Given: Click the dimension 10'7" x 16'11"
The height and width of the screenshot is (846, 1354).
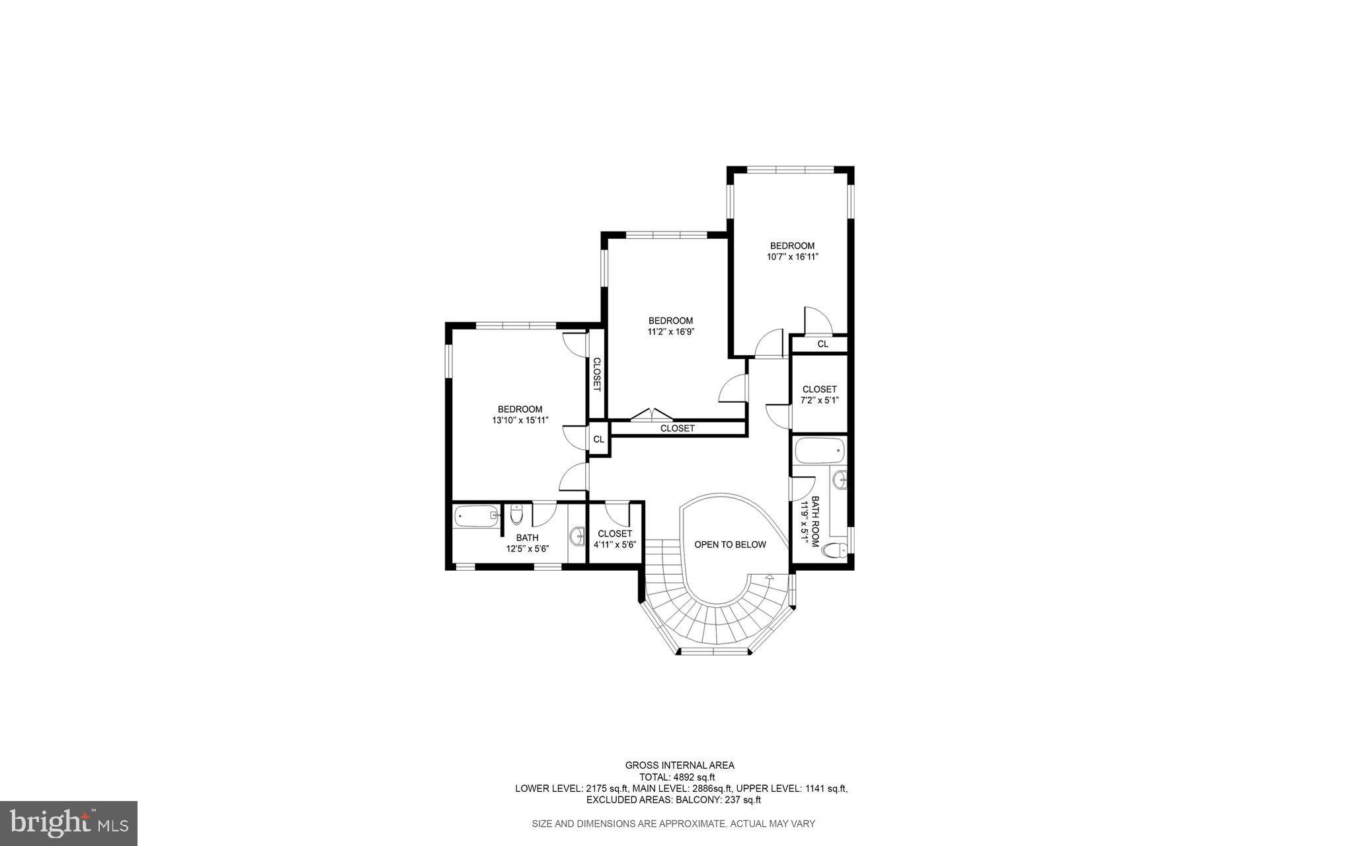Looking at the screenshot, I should click(x=792, y=257).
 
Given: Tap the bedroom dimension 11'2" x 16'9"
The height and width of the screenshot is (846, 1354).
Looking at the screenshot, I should click(x=670, y=332).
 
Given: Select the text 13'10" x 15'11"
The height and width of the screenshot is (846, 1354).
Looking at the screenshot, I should click(x=520, y=420).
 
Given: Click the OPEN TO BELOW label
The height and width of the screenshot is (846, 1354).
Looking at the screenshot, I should click(x=730, y=544).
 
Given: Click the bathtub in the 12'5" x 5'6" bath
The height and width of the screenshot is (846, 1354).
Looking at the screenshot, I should click(x=476, y=515).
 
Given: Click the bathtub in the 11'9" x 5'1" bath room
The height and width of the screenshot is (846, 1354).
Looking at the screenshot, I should click(x=819, y=452).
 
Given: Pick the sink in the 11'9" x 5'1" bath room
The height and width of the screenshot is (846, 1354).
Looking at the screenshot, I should click(x=840, y=480).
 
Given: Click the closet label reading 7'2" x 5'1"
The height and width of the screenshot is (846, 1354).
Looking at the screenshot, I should click(x=819, y=400).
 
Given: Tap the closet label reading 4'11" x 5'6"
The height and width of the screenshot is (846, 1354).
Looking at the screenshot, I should click(x=614, y=545).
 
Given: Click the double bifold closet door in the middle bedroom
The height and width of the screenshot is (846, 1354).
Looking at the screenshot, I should click(x=651, y=415).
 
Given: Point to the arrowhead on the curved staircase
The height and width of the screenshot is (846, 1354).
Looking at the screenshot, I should click(x=769, y=577).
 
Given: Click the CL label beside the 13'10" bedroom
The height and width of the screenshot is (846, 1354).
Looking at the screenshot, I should click(x=598, y=439).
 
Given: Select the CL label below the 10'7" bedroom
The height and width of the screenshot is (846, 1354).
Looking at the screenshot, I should click(x=822, y=344).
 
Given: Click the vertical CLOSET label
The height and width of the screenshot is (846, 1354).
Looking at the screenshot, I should click(x=596, y=375).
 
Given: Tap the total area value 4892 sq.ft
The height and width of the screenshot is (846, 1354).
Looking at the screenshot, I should click(x=694, y=777).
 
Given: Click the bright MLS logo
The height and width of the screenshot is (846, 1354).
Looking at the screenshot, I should click(x=68, y=823).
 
